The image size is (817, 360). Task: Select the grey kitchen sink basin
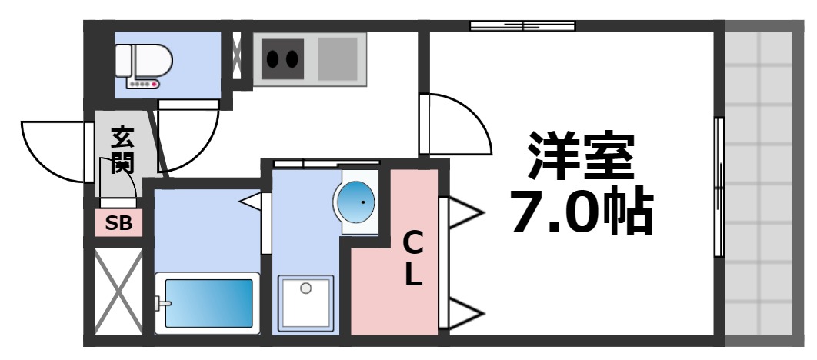pyautogui.click(x=338, y=57)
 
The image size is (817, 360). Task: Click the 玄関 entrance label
pyautogui.click(x=122, y=150)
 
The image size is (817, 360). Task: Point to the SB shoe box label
pyautogui.click(x=118, y=224)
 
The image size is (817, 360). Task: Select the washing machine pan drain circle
pyautogui.click(x=306, y=288)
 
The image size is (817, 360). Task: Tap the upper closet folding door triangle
pyautogui.click(x=463, y=212)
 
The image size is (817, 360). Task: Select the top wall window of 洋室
pyautogui.click(x=523, y=26)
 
